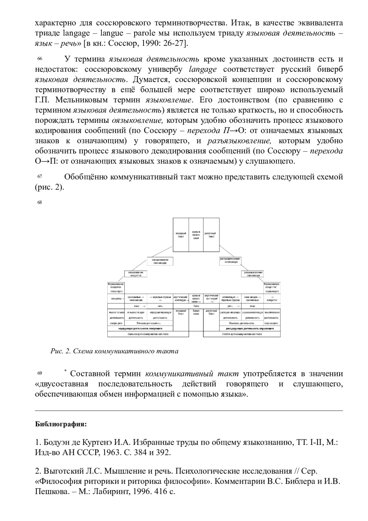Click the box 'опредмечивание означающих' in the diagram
[x=160, y=261]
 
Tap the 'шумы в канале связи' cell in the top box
[x=196, y=235]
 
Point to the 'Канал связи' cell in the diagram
[x=196, y=312]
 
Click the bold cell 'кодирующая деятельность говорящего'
[x=140, y=329]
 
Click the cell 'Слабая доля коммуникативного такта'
[x=242, y=334]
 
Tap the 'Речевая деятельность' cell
[x=149, y=323]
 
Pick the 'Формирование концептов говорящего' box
[x=116, y=288]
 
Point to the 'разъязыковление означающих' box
[x=252, y=274]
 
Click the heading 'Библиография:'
[x=61, y=425]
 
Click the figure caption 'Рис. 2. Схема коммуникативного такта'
[x=114, y=351]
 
